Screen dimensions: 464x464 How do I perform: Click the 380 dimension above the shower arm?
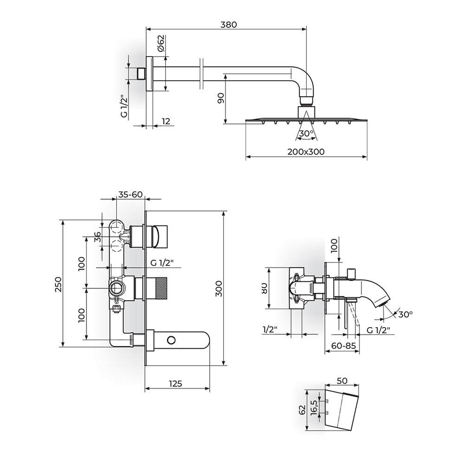coord(229,25)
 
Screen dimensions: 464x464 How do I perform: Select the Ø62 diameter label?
coord(160,44)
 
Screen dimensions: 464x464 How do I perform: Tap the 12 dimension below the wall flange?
coord(166,121)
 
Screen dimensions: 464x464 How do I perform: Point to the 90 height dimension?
coord(221,98)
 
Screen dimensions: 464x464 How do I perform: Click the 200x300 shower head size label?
coord(306,152)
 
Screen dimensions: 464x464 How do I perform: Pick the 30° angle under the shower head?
coord(306,134)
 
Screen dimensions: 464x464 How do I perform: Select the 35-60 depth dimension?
coord(130,194)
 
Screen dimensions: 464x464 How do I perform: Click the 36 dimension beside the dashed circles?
coord(97,237)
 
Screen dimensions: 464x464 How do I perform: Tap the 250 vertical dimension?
coord(58,284)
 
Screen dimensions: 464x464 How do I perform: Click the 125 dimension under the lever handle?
coord(175,384)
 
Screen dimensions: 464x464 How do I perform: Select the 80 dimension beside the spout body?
coord(264,288)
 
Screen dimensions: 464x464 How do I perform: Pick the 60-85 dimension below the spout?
coord(343,345)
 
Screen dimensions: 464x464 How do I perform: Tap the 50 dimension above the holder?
coord(342,380)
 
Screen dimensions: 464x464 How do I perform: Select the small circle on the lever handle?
coord(171,340)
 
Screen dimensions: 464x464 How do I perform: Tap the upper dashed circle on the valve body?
coord(116,228)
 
